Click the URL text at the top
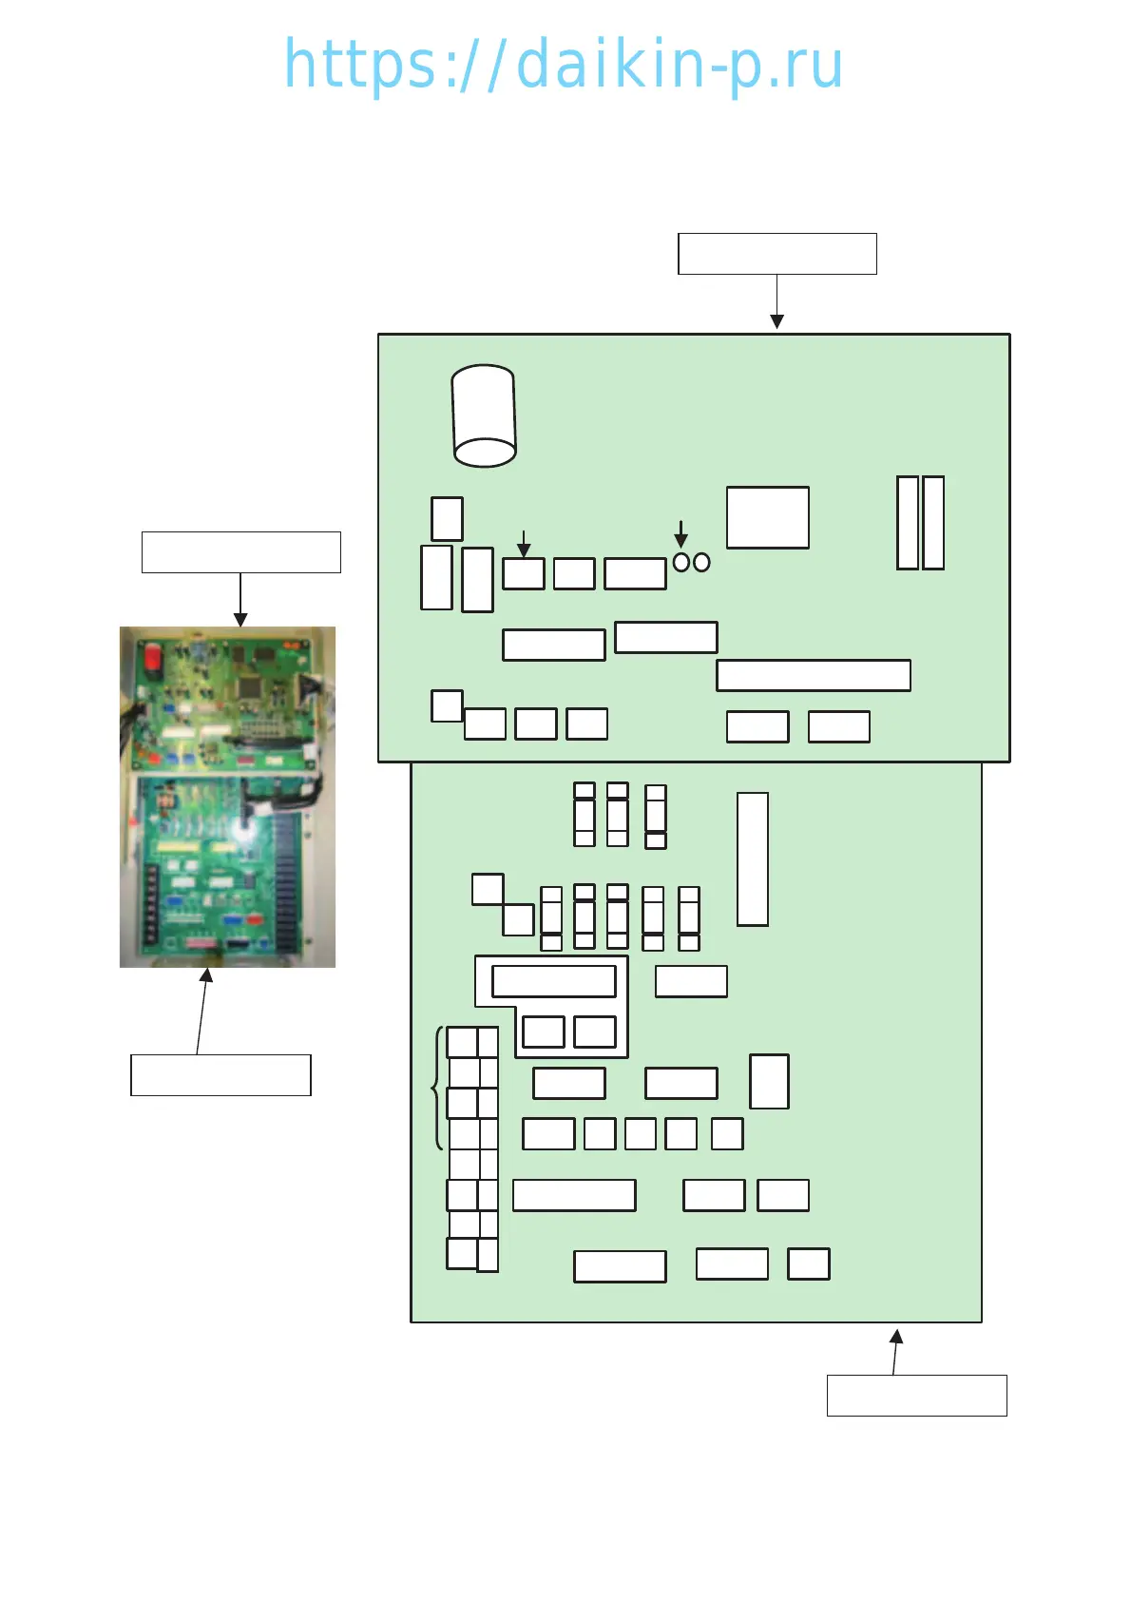[x=564, y=65]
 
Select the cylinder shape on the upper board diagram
[x=484, y=416]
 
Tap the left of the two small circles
[x=681, y=563]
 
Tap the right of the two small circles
[x=701, y=563]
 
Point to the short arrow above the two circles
[x=681, y=533]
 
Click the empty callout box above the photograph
[x=240, y=552]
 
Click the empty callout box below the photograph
[x=220, y=1075]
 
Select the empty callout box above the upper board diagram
[x=776, y=254]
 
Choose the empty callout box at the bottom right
[x=916, y=1396]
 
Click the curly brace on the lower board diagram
[x=437, y=1089]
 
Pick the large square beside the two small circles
[x=767, y=518]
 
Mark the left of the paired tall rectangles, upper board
[x=908, y=523]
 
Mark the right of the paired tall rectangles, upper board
[x=933, y=523]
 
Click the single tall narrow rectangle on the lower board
[x=752, y=859]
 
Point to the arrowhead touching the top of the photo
[x=240, y=620]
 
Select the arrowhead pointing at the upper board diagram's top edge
[x=776, y=322]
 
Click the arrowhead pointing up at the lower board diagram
[x=895, y=1337]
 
